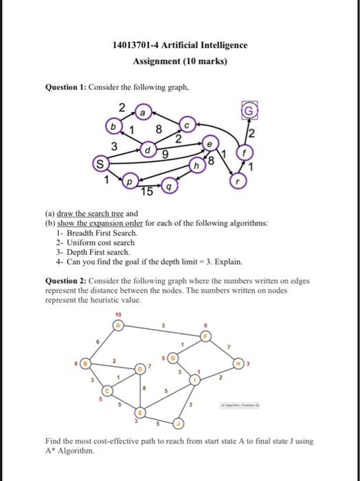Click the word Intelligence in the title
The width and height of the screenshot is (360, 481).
pyautogui.click(x=217, y=45)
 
